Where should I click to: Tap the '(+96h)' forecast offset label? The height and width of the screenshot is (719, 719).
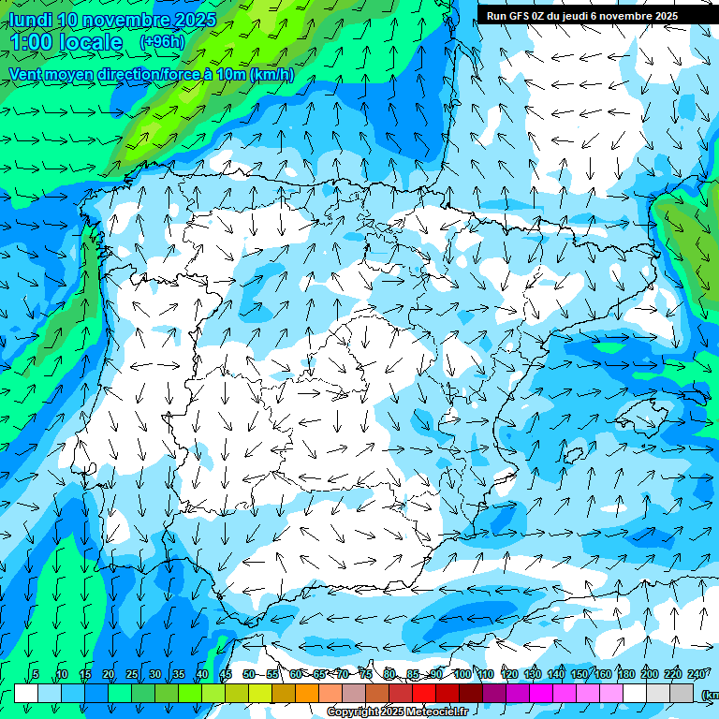pos(162,42)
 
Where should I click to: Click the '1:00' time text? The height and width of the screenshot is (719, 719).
pos(30,43)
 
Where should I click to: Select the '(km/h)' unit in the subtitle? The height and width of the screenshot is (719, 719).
pos(272,74)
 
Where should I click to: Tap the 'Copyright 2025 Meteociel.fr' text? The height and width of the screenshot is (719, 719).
pos(398,712)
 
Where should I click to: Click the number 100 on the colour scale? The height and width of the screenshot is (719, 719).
pos(462,674)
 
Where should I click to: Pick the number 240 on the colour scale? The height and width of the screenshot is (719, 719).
pos(696,674)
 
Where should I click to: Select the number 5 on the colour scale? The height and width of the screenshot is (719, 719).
pos(36,674)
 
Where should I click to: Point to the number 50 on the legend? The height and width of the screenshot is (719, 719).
pos(248,674)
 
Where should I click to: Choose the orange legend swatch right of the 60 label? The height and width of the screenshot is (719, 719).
pos(307,693)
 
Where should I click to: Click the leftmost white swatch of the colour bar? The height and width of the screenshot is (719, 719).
pos(26,693)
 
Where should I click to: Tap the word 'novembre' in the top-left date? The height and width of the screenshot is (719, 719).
pos(130,20)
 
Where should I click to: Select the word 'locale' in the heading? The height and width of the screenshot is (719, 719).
pos(90,43)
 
